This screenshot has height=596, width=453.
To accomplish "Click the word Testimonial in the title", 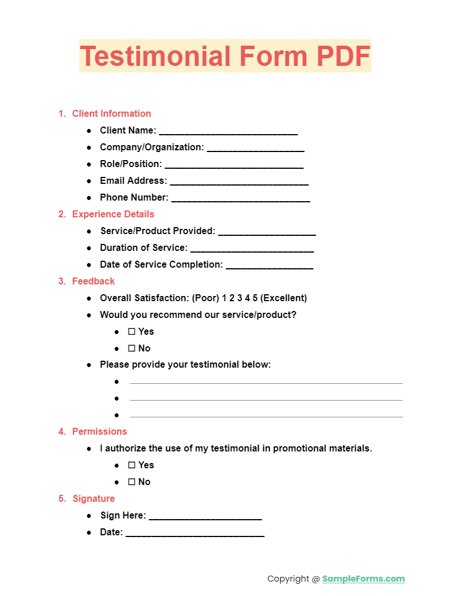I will tap(150, 56).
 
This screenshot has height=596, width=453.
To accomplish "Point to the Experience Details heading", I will tap(113, 214).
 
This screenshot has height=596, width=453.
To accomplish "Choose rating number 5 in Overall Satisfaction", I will tap(255, 298).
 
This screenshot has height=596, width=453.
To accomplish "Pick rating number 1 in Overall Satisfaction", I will tap(224, 298).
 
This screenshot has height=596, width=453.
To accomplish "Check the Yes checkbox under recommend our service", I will tap(132, 332).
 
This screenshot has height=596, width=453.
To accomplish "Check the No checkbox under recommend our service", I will tap(132, 349).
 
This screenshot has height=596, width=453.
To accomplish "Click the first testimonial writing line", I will tap(266, 383).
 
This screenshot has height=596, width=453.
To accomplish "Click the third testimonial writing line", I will tap(266, 416).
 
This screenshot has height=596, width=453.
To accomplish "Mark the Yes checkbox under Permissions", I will tap(132, 465).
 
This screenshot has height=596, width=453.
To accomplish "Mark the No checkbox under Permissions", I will tap(132, 482).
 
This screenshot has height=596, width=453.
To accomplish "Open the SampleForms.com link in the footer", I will tap(363, 579).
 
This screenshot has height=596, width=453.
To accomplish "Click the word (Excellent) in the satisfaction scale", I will tap(284, 298).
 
